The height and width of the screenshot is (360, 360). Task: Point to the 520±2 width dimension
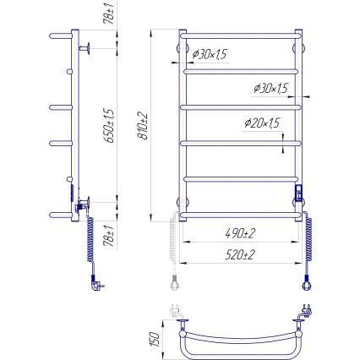pyautogui.click(x=240, y=254)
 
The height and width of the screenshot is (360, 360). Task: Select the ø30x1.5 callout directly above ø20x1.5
pyautogui.click(x=270, y=89)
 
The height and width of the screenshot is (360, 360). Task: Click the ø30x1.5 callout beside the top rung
pyautogui.click(x=209, y=55)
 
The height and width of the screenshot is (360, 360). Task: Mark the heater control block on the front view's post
pyautogui.click(x=297, y=194)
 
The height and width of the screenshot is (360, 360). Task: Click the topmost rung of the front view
pyautogui.click(x=240, y=37)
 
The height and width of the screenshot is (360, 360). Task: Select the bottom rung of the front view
pyautogui.click(x=240, y=214)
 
